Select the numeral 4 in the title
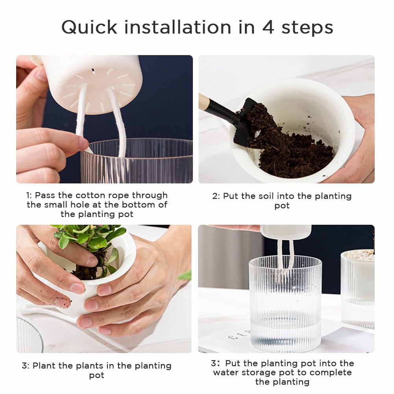(x=269, y=28)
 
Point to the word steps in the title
(x=309, y=28)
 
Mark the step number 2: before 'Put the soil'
(x=216, y=196)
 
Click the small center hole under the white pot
(x=93, y=71)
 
